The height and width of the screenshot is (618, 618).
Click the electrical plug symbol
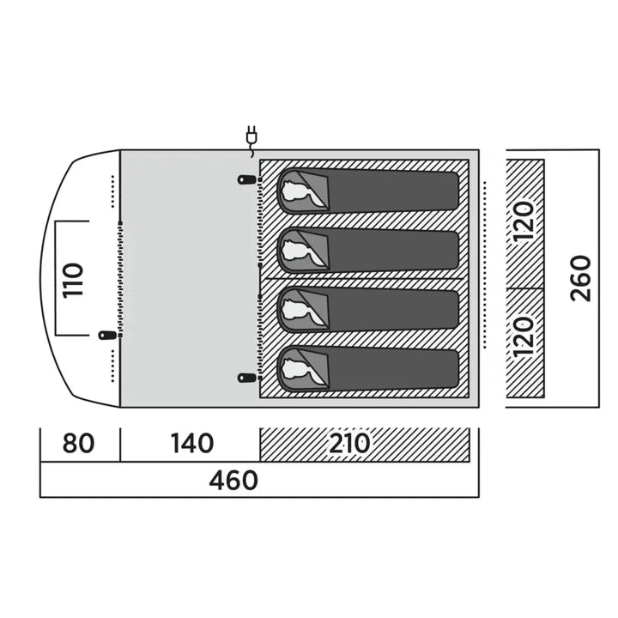(x=251, y=141)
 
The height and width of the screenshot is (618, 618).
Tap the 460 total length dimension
(x=233, y=480)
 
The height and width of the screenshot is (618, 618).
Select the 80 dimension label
(x=78, y=444)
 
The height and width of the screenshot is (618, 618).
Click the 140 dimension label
(x=192, y=444)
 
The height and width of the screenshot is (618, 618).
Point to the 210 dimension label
(x=349, y=444)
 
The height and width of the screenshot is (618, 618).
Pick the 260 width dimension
(x=581, y=278)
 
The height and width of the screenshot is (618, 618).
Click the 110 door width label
(x=73, y=280)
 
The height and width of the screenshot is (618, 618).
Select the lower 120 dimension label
(x=524, y=336)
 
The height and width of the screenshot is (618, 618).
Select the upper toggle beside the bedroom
(x=247, y=179)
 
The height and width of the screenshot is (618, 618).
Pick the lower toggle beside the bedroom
(x=247, y=378)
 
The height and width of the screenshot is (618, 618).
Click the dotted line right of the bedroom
(x=485, y=265)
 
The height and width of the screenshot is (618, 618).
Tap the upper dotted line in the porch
(x=112, y=191)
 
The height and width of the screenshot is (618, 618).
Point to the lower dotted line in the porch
(x=112, y=367)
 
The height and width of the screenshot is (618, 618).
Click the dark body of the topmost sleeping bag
(x=393, y=191)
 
